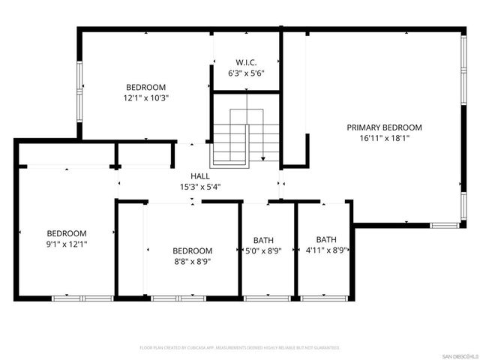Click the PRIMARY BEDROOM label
tap(384, 127)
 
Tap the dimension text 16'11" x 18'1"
tap(384, 138)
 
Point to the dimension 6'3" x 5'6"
tap(247, 73)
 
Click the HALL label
tap(199, 176)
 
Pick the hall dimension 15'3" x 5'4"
tap(199, 187)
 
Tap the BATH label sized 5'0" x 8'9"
tap(263, 241)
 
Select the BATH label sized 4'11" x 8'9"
tap(325, 241)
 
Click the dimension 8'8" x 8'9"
tap(192, 262)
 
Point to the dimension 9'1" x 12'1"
tap(67, 244)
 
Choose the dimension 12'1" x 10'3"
tap(145, 97)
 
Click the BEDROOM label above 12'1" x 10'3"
tap(145, 87)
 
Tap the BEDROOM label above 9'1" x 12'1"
tap(67, 233)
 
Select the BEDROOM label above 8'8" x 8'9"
tap(192, 251)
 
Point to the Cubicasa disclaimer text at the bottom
tap(240, 348)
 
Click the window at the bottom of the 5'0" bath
tap(267, 298)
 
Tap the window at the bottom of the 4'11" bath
tap(323, 298)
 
